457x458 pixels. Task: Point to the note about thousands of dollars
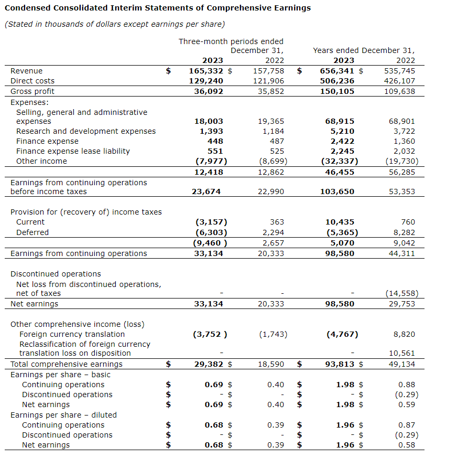pos(114,24)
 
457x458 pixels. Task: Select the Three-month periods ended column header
pos(231,41)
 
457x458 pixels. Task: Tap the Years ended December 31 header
pos(363,50)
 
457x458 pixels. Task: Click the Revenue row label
pos(27,71)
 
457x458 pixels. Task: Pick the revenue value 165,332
pos(206,71)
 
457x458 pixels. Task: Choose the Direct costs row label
pos(32,81)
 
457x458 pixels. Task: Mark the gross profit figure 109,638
pos(399,91)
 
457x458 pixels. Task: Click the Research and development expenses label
pos(86,131)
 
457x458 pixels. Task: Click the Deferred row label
pos(32,232)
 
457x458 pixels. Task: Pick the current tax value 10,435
pos(340,222)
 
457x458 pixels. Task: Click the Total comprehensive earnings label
pos(67,364)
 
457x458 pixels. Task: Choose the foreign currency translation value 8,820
pos(405,334)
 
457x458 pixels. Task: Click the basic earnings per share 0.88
pos(407,385)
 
